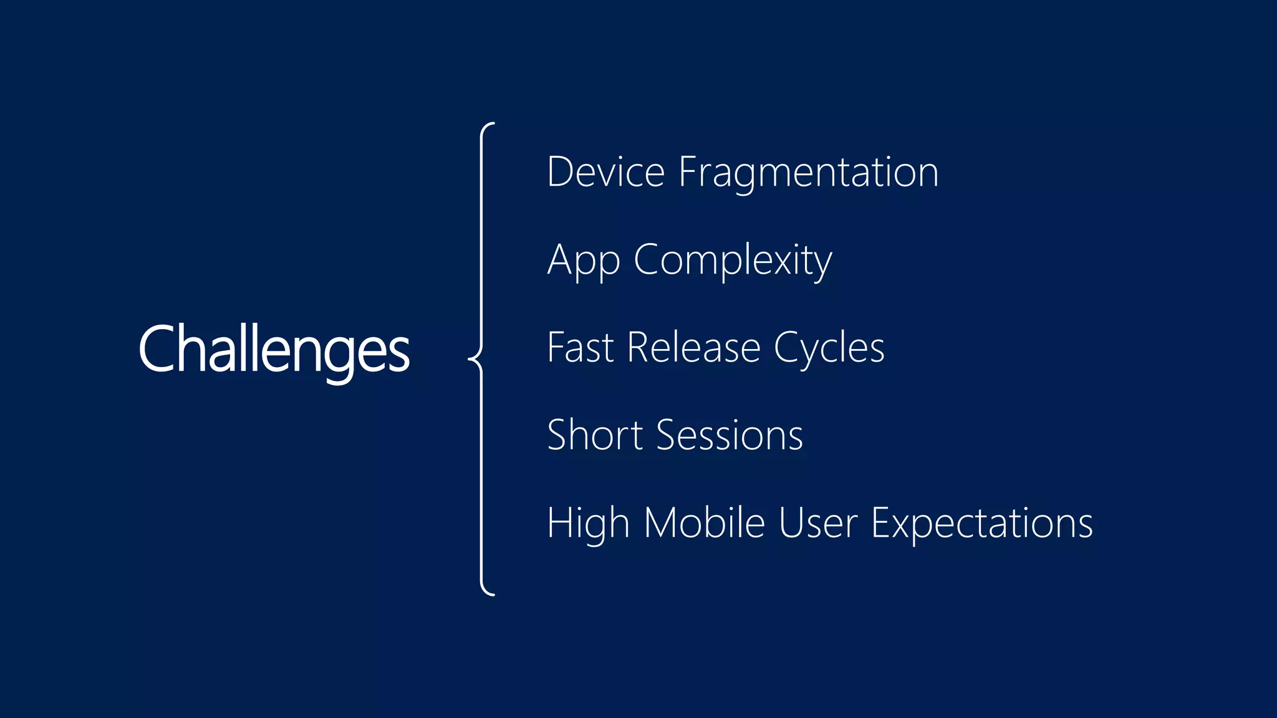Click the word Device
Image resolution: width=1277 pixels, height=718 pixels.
tap(605, 172)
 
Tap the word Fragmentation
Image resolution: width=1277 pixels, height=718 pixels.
tap(808, 172)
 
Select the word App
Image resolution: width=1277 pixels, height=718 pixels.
tap(583, 261)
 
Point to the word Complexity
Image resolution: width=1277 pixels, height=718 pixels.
tap(733, 261)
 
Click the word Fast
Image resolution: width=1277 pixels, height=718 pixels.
tap(580, 347)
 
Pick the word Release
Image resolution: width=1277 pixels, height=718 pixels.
tap(693, 347)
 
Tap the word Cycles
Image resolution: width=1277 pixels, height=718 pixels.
tap(829, 347)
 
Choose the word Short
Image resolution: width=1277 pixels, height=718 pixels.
tap(594, 435)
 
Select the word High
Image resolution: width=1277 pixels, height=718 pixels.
tap(587, 524)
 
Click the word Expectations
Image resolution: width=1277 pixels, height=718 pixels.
tap(981, 524)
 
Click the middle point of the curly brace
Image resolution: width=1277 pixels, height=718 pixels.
tap(472, 360)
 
